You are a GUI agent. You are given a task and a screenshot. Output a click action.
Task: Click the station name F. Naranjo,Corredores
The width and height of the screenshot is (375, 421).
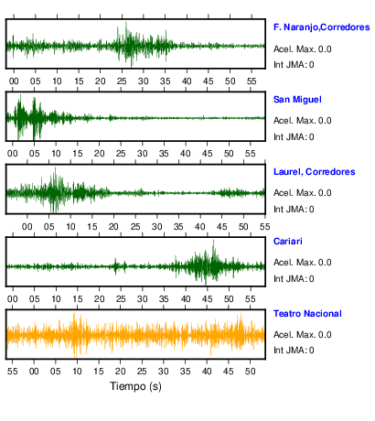coord(321,27)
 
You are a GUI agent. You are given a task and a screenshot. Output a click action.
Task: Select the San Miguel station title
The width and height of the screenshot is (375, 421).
coord(297,100)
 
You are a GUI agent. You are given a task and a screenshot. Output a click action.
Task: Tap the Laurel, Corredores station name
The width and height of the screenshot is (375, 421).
coord(314,172)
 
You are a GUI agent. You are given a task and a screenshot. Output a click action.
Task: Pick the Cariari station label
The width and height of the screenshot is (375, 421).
coord(288,242)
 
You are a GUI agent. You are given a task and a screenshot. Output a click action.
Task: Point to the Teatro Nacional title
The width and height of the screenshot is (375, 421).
coord(307,314)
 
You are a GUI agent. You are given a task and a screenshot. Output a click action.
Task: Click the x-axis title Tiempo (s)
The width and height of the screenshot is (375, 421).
coord(135,386)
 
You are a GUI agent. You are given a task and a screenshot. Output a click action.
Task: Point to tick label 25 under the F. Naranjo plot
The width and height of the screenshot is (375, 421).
coord(122,81)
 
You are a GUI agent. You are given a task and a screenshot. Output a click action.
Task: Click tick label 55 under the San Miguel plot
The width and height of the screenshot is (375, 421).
coord(250,154)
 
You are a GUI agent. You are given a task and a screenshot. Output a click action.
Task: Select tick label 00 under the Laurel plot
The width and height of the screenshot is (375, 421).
coord(27,227)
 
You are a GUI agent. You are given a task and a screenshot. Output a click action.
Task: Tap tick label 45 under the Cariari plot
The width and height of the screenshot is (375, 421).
coord(207,299)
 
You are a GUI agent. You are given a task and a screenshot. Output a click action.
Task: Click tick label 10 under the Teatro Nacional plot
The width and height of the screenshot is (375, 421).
coord(77,372)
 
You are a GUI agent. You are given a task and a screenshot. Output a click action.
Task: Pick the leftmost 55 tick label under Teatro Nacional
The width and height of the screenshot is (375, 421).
coord(13,372)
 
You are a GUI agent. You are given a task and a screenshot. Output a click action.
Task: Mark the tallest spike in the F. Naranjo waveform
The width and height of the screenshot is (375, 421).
coord(126,22)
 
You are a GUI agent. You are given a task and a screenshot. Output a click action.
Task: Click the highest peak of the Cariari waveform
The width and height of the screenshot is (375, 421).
coord(213,241)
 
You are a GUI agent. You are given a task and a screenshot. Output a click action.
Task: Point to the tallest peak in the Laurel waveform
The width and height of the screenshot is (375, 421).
coord(55,168)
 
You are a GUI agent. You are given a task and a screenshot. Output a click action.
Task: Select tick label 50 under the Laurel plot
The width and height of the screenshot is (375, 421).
coord(243,227)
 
